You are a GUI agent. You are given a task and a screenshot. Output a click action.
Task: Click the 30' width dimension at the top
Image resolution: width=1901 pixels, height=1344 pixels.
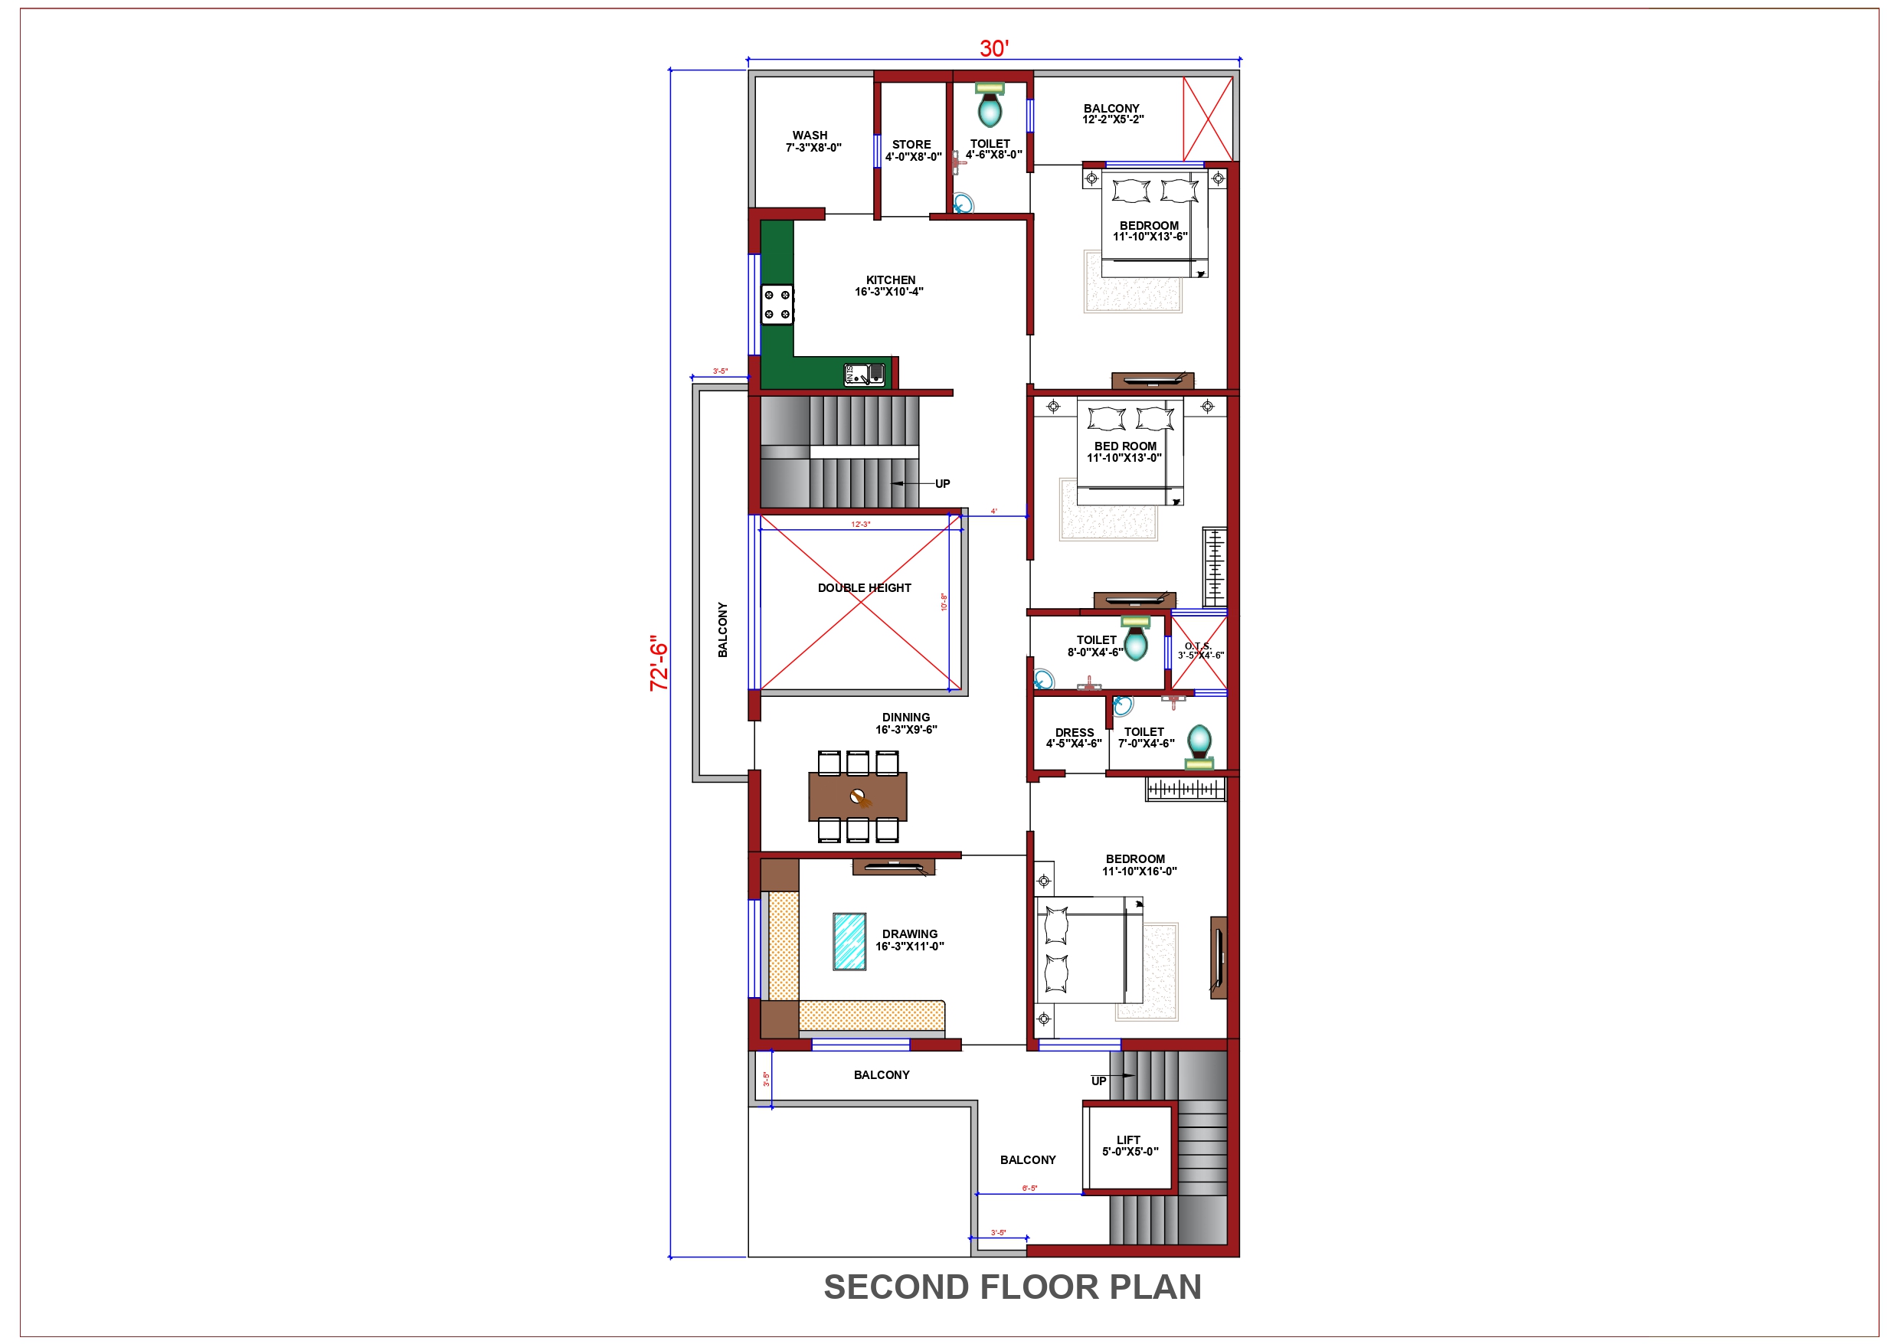pos(993,49)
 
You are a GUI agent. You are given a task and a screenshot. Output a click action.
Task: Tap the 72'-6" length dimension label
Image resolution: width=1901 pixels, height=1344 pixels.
pos(659,663)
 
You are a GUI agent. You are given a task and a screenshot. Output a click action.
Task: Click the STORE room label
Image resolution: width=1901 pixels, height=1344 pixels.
pos(912,150)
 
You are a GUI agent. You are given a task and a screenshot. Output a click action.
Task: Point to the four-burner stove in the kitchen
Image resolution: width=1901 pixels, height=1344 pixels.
pos(777,305)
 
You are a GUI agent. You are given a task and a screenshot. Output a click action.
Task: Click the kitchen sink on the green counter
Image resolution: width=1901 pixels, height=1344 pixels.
pos(863,374)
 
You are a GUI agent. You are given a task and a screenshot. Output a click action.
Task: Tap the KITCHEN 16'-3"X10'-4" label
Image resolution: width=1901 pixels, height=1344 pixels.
pos(889,286)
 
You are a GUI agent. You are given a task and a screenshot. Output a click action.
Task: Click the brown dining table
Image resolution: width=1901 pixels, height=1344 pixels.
pos(857,796)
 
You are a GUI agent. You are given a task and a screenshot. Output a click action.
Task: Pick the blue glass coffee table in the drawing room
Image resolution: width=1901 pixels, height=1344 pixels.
pos(849,941)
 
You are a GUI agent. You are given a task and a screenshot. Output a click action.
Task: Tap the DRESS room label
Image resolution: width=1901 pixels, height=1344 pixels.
pos(1074,737)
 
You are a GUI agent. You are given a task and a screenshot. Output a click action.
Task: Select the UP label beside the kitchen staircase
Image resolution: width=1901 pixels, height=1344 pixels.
pos(942,483)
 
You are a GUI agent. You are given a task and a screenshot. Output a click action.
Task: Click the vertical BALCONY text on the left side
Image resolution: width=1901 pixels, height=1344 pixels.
pos(723,630)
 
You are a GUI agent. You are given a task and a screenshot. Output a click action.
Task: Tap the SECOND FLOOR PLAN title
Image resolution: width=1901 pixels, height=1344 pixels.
pos(1012,1287)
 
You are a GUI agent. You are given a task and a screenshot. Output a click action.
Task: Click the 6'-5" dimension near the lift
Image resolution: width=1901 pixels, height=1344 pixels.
pos(1029,1189)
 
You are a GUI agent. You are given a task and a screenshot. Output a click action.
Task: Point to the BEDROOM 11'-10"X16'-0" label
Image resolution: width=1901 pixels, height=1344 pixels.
pos(1138,865)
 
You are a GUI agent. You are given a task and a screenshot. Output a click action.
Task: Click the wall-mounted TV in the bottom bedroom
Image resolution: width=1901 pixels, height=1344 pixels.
pos(1218,958)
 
